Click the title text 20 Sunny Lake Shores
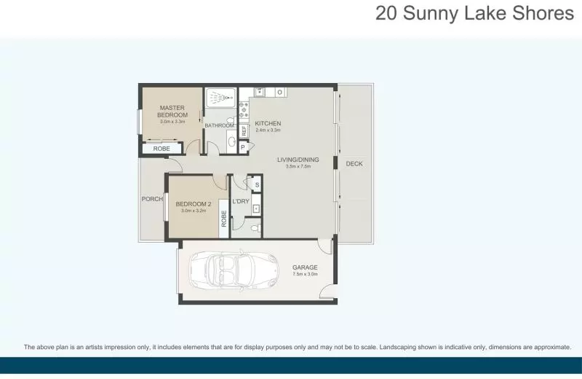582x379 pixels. (x=474, y=14)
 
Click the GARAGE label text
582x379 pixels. (x=305, y=267)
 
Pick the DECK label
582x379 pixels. (x=354, y=164)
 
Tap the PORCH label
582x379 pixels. (x=151, y=199)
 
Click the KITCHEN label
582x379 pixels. (x=268, y=123)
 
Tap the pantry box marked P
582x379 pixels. (x=242, y=147)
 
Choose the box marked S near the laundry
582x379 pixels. (x=256, y=184)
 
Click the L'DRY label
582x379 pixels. (x=241, y=201)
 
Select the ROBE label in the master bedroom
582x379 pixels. (x=161, y=149)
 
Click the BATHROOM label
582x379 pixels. (x=219, y=125)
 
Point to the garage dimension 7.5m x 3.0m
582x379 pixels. (x=305, y=275)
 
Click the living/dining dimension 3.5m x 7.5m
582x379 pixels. (x=298, y=166)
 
